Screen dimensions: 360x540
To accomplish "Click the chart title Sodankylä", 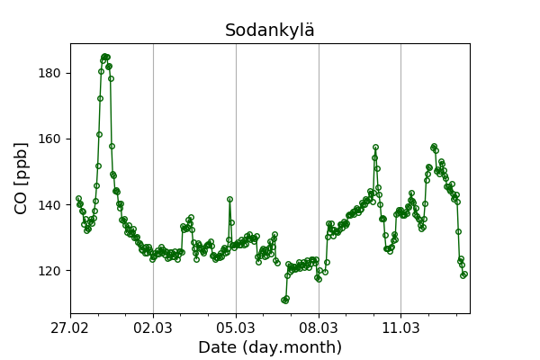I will [270, 31].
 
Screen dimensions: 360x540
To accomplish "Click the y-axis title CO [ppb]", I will [22, 178].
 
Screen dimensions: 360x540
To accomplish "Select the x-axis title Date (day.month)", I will [270, 347].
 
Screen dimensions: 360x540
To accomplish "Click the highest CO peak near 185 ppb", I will [105, 57].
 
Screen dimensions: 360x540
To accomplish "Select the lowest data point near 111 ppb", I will [283, 301].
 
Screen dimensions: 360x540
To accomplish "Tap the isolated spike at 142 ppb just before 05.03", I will [229, 199].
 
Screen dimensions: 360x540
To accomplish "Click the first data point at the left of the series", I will [78, 198].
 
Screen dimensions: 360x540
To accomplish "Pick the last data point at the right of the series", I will [463, 274].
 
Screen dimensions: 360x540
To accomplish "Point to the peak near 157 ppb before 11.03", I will [375, 147].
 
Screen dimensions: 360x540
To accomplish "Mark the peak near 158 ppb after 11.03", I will [434, 146].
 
